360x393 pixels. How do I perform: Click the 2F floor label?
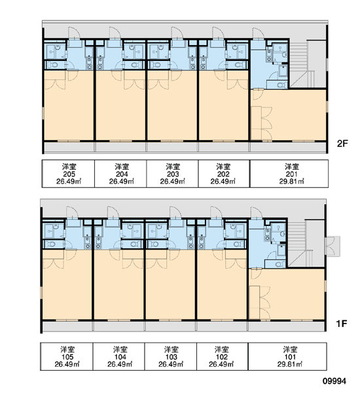(342, 143)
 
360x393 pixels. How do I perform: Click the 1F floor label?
(342, 324)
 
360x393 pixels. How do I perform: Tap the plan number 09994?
(334, 381)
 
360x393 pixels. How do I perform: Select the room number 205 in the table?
(69, 174)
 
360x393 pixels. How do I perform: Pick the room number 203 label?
(173, 174)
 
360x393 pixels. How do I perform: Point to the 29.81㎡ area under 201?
(291, 181)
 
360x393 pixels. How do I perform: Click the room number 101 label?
(290, 357)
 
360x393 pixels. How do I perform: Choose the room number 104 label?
(120, 357)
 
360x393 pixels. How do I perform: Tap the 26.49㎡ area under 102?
(221, 364)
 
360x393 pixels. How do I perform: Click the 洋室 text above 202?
(223, 166)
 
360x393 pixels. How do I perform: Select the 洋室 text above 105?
(67, 349)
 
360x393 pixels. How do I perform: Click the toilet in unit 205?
(54, 65)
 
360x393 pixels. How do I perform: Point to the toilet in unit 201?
(282, 84)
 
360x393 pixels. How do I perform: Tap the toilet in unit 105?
(52, 244)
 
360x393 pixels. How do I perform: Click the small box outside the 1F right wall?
(333, 246)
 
